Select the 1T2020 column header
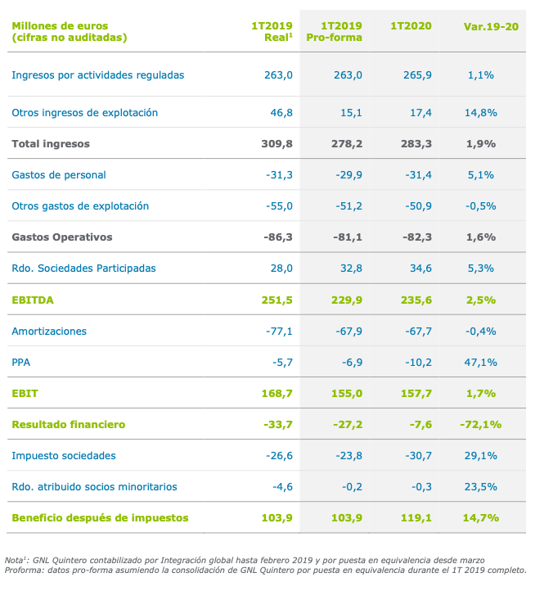click(x=411, y=26)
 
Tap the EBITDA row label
click(x=33, y=300)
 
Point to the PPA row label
click(x=22, y=363)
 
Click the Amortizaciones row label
click(x=49, y=332)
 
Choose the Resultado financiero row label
click(x=68, y=425)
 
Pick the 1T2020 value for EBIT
click(x=417, y=394)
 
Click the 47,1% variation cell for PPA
click(x=482, y=363)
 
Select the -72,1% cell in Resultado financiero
click(x=480, y=425)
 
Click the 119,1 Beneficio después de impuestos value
click(x=417, y=517)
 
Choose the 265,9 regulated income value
click(x=417, y=74)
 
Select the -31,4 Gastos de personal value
click(x=416, y=174)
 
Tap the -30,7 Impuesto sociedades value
click(x=416, y=455)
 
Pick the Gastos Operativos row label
click(x=62, y=237)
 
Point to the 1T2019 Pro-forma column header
click(x=335, y=32)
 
